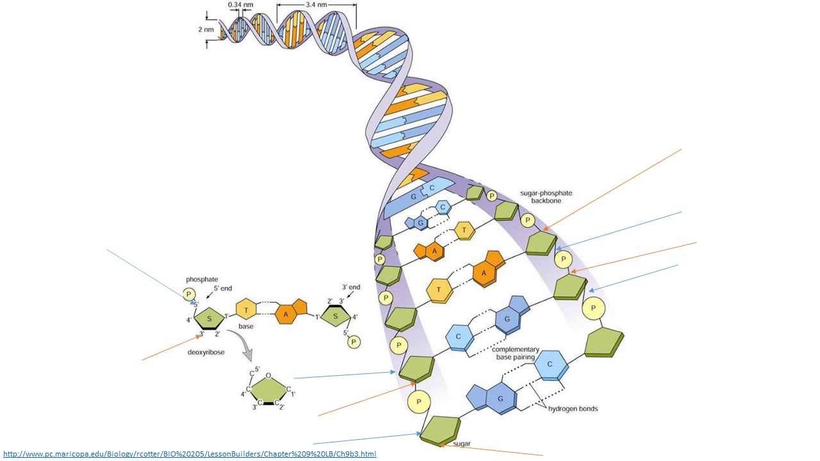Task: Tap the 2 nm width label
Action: tap(206, 29)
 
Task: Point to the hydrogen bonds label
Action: tap(572, 408)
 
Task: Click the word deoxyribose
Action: tap(206, 352)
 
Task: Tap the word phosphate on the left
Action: tap(202, 279)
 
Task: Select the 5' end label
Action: tap(222, 289)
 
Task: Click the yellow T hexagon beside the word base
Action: tap(246, 311)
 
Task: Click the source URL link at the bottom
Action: tap(190, 454)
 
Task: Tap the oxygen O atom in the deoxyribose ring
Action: tap(268, 376)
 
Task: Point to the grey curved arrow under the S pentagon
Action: tap(239, 350)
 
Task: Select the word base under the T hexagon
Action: tap(246, 326)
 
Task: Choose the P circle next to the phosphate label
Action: tap(189, 295)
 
